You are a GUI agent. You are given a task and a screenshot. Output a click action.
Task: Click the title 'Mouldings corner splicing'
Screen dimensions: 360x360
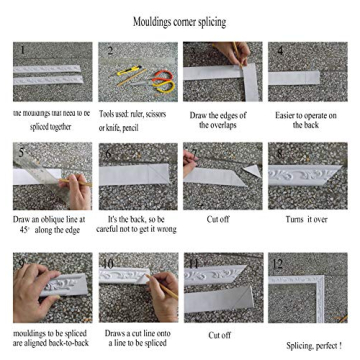coord(179,22)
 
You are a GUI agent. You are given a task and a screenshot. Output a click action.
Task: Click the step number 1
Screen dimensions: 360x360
coord(19,49)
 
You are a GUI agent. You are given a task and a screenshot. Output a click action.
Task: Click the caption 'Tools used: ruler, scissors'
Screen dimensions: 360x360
coord(132,115)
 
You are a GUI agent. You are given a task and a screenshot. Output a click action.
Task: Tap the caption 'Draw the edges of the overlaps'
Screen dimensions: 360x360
coord(218,120)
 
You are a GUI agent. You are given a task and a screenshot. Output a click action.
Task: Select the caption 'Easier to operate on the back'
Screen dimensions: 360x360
coord(306,120)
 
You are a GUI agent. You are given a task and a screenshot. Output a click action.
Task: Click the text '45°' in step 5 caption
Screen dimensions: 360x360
coord(24,229)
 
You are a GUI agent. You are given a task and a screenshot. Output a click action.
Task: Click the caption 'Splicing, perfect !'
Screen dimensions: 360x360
coord(314,344)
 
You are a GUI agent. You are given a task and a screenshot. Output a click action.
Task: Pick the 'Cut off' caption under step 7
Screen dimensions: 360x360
coord(218,218)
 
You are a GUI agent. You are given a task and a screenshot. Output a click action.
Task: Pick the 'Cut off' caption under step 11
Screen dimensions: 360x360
coord(219,335)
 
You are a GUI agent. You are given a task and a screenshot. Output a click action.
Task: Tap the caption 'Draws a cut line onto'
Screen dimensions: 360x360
coord(132,333)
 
